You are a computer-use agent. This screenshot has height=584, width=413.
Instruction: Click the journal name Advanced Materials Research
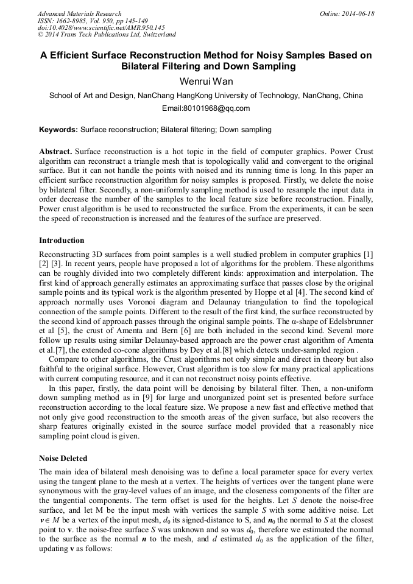pyautogui.click(x=79, y=13)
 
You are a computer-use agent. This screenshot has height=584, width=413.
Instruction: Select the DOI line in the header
pyautogui.click(x=101, y=27)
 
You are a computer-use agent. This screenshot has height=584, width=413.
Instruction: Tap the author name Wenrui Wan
pyautogui.click(x=206, y=82)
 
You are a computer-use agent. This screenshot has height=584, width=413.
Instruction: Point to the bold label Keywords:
pyautogui.click(x=58, y=130)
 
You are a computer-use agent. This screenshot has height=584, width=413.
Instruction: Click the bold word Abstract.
pyautogui.click(x=55, y=151)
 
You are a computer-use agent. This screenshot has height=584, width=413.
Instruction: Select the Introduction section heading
pyautogui.click(x=62, y=241)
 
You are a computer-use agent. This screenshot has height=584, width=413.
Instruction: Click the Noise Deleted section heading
pyautogui.click(x=63, y=458)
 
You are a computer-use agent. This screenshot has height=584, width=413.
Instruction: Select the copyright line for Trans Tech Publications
pyautogui.click(x=107, y=35)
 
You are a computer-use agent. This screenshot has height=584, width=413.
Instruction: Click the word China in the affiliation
pyautogui.click(x=353, y=96)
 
